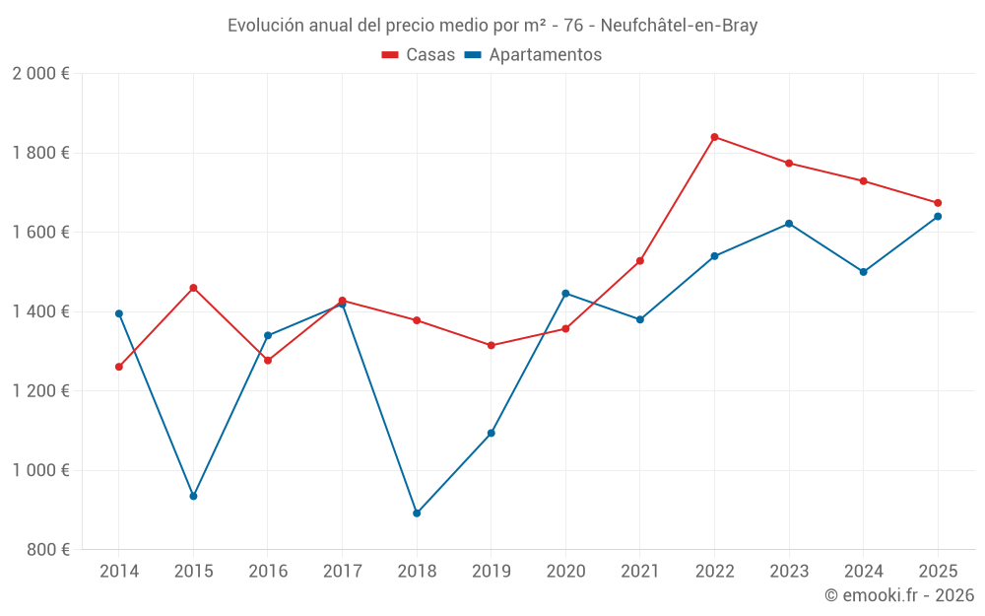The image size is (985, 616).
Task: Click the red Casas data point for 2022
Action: (x=714, y=137)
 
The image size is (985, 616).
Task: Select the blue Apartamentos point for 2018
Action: (x=417, y=513)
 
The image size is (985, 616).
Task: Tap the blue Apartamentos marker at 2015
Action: (x=193, y=497)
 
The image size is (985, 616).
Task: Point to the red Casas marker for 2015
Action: (x=193, y=288)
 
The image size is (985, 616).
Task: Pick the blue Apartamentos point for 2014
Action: (x=119, y=313)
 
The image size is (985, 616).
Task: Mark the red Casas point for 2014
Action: (x=119, y=367)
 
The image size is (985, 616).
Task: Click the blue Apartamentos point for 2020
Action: (x=565, y=294)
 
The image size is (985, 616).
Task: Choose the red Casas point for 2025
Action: (x=938, y=203)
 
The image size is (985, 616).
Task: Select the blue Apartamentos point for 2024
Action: (x=864, y=272)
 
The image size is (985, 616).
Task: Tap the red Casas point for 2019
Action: (x=492, y=346)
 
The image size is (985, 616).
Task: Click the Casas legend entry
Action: (x=420, y=55)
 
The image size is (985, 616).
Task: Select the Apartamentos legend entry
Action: (x=533, y=55)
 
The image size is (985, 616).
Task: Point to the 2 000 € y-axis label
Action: (x=40, y=74)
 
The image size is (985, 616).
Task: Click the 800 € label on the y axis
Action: (x=47, y=550)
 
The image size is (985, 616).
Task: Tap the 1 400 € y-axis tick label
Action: (x=40, y=311)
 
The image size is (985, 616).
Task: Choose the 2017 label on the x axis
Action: (x=342, y=572)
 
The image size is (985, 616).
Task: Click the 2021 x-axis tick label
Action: (x=640, y=572)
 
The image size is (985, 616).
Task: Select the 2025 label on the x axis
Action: (x=938, y=572)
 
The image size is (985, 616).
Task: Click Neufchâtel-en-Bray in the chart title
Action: (x=679, y=26)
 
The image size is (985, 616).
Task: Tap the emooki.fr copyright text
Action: (x=899, y=595)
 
